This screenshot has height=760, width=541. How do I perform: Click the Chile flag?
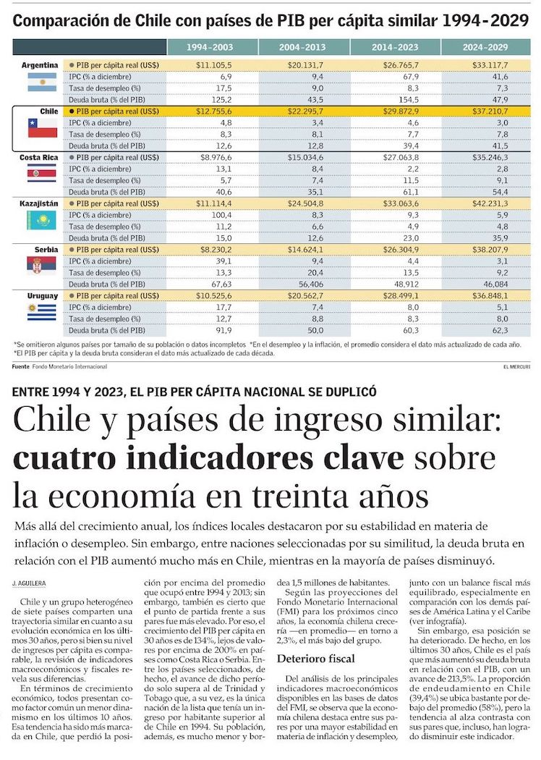[x=42, y=128]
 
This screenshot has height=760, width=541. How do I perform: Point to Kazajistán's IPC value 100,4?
[x=220, y=215]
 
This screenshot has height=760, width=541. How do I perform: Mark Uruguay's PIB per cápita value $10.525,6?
[x=213, y=295]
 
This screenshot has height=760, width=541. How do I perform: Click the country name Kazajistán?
[x=39, y=203]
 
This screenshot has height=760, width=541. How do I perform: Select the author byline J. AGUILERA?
[x=28, y=583]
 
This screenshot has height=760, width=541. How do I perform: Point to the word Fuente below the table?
[x=21, y=367]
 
